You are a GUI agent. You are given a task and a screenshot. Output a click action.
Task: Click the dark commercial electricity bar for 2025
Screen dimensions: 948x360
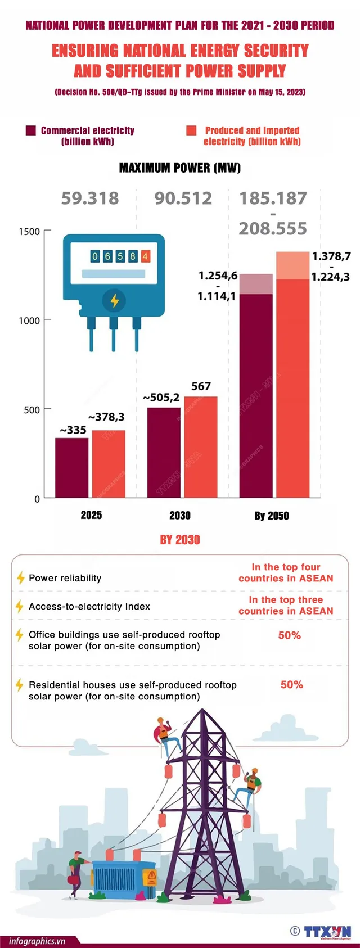[x=71, y=467]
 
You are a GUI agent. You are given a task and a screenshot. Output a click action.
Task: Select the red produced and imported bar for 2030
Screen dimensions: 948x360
[x=201, y=447]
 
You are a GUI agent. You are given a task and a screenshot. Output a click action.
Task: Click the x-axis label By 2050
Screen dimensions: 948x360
[x=272, y=516]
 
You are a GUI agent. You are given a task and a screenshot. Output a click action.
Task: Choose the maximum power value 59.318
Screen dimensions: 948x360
[x=90, y=198]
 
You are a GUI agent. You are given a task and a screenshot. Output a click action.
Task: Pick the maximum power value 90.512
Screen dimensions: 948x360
[x=183, y=198]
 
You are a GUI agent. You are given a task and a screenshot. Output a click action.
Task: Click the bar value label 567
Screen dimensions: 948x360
[x=201, y=386]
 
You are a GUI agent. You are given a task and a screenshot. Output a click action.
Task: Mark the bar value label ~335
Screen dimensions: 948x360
[x=73, y=430]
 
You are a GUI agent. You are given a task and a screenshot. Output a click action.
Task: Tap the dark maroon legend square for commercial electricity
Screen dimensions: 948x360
[x=31, y=130]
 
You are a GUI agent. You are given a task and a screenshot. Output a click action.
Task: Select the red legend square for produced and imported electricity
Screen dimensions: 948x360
[x=191, y=130]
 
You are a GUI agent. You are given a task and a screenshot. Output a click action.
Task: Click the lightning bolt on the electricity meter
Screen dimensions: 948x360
[x=115, y=300]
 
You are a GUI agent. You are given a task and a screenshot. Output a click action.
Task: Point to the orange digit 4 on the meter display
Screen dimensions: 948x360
[x=145, y=256]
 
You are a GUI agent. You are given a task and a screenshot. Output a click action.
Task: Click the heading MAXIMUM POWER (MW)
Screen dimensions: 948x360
[x=180, y=168]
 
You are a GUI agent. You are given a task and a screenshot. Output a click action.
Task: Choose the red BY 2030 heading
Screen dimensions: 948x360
[x=180, y=540]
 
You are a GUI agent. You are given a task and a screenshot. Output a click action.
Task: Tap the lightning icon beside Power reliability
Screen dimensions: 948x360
[x=20, y=578]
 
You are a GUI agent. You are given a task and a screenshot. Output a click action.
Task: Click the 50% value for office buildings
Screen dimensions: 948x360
[x=290, y=635]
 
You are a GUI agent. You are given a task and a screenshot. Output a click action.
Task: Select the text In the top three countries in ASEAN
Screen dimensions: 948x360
[x=286, y=606]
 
